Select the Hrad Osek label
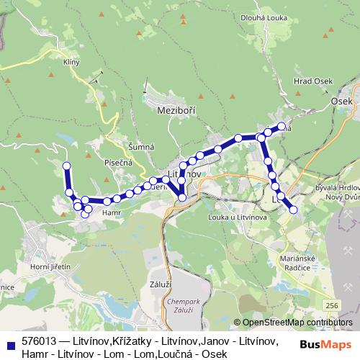click(x=312, y=81)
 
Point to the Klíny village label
click(x=71, y=63)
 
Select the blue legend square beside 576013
click(x=11, y=345)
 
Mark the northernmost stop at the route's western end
click(x=67, y=166)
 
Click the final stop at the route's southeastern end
click(x=293, y=210)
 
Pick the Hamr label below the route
click(x=110, y=213)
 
